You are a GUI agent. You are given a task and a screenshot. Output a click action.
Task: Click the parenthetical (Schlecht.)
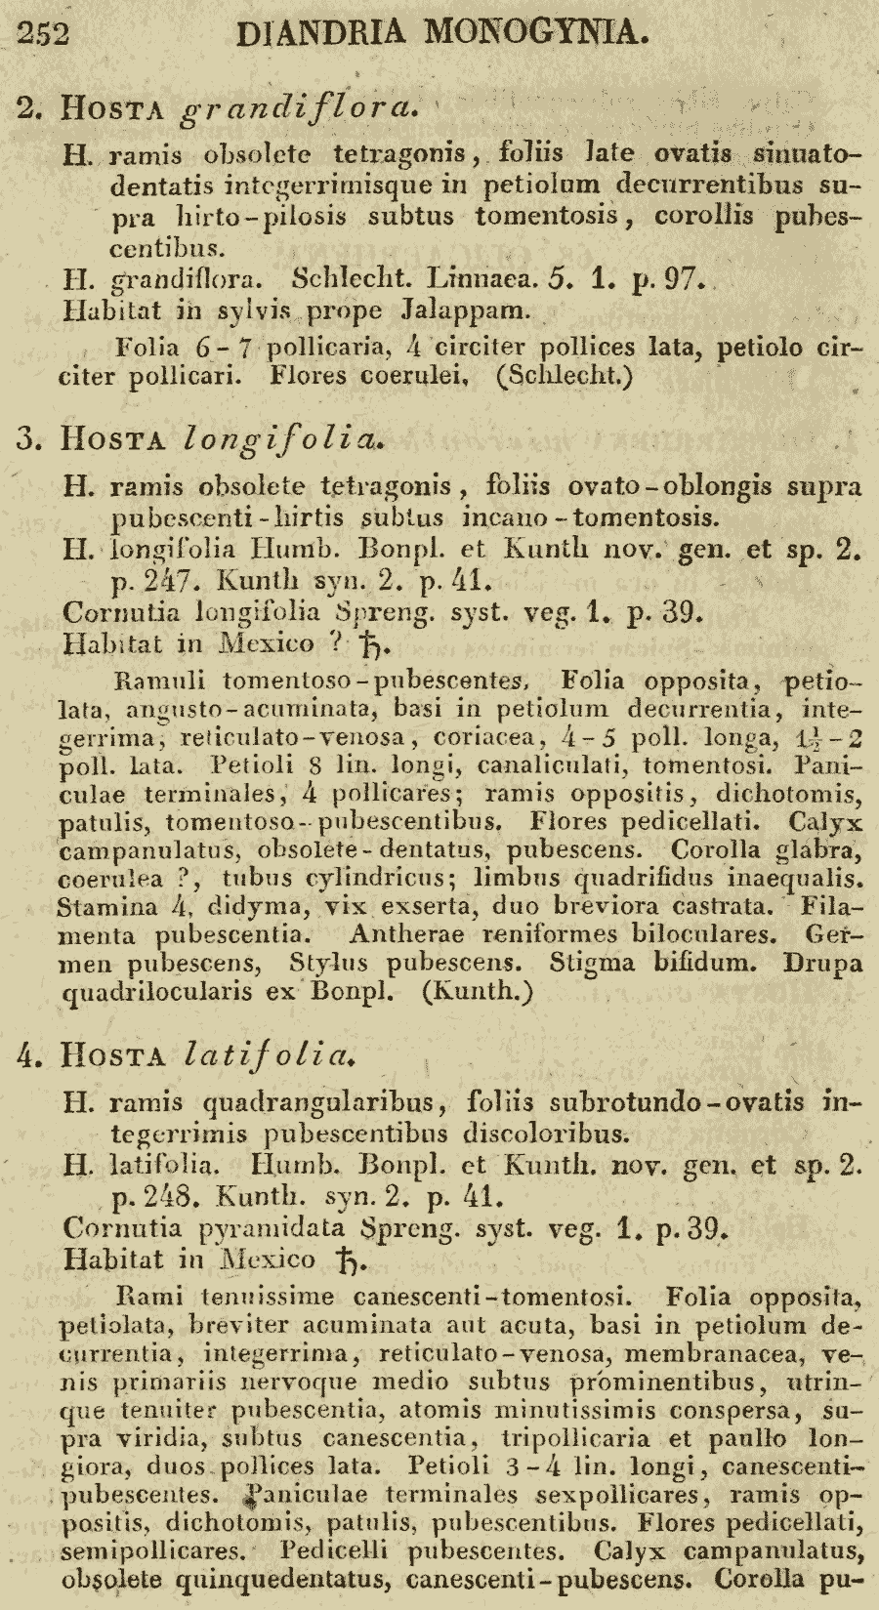click(565, 375)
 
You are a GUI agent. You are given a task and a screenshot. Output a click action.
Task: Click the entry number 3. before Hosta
click(28, 438)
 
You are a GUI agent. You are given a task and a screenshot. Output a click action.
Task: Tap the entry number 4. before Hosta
click(28, 1054)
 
